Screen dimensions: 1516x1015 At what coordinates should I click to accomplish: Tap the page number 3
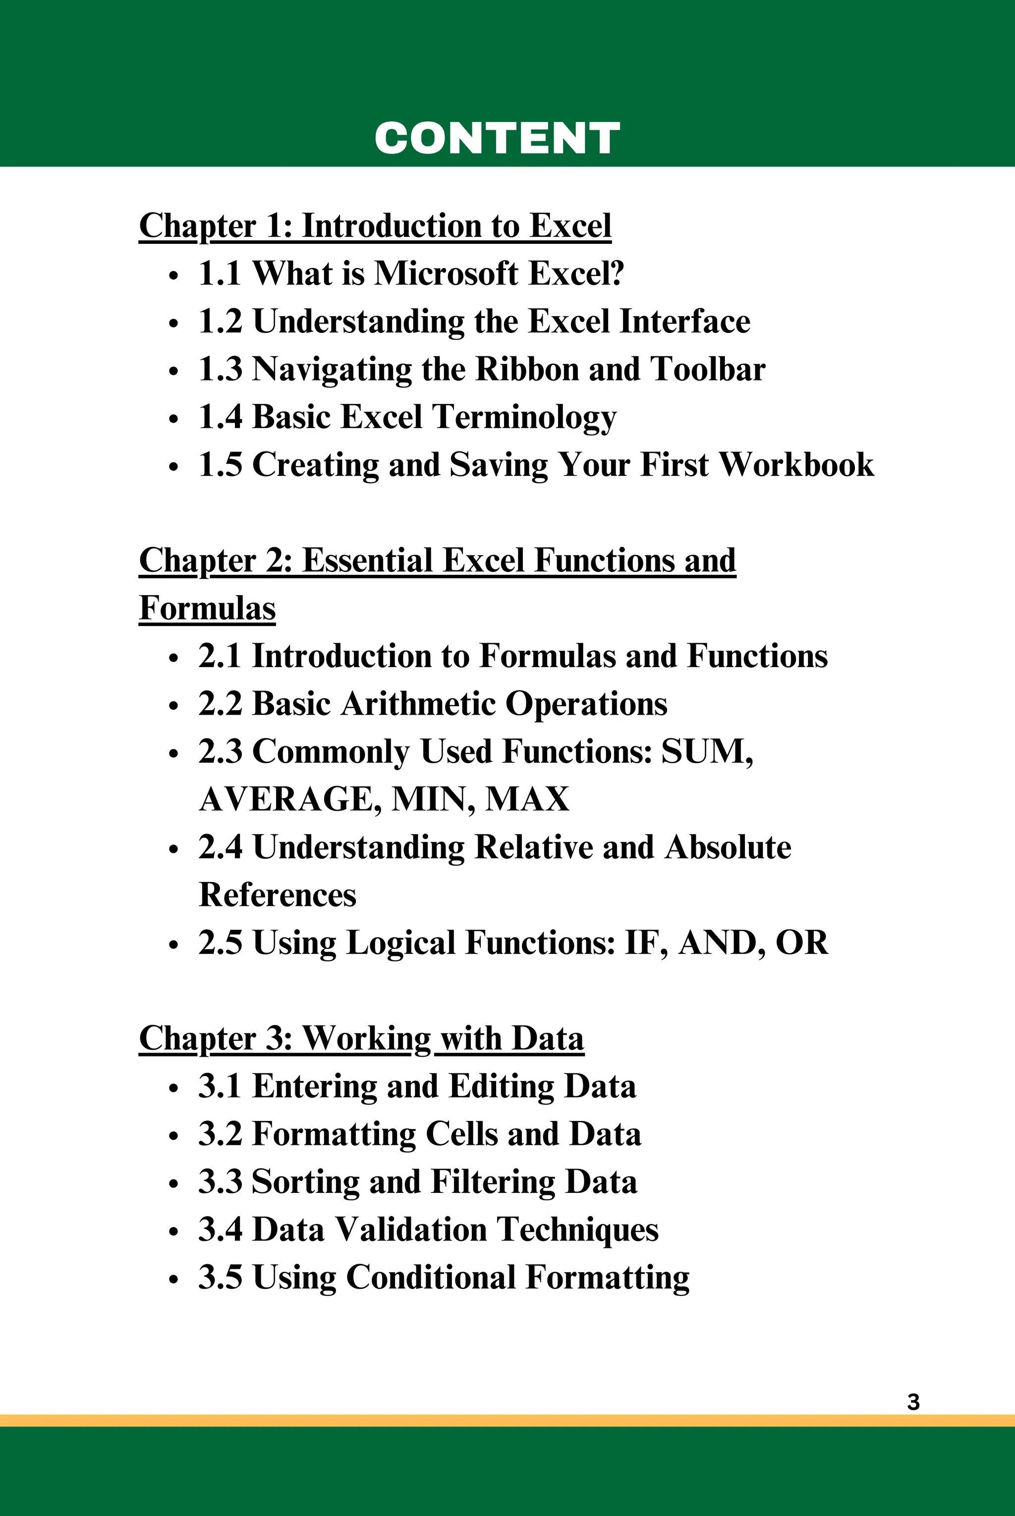click(x=913, y=1402)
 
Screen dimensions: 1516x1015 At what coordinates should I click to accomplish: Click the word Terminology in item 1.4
click(x=524, y=417)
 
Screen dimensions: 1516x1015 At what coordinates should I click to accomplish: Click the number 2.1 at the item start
click(x=220, y=656)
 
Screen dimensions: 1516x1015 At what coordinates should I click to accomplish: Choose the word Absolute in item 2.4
click(x=728, y=847)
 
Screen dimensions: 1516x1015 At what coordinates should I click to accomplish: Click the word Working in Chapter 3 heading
click(x=366, y=1039)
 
